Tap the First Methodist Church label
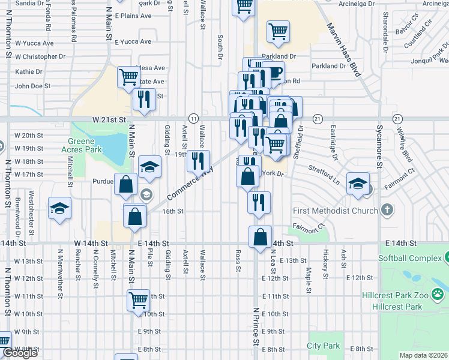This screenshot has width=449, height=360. [x=335, y=211]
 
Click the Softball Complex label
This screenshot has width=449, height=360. [x=408, y=259]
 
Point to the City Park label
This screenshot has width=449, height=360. [x=323, y=346]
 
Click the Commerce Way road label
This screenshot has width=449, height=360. [x=190, y=184]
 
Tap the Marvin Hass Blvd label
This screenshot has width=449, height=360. [x=344, y=50]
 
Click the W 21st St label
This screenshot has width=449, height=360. [x=109, y=120]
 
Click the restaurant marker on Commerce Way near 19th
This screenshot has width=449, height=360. [x=198, y=161]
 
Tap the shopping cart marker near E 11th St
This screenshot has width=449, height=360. [x=138, y=299]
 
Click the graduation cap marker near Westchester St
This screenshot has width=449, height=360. [x=59, y=208]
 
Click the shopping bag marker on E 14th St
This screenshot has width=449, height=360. [x=260, y=236]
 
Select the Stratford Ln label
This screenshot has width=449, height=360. [x=325, y=176]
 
